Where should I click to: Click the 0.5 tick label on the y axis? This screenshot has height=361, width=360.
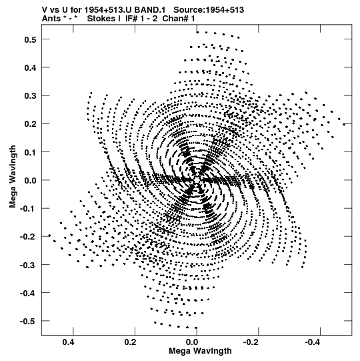(30, 39)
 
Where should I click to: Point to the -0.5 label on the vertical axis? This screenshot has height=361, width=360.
(28, 321)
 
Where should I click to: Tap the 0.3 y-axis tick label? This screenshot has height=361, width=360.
(30, 96)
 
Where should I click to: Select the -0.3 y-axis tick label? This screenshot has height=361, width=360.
(28, 265)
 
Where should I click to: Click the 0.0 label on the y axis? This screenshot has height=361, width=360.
(30, 180)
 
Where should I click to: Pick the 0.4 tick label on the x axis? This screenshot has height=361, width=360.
(68, 342)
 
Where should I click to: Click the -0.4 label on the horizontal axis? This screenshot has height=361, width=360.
(313, 342)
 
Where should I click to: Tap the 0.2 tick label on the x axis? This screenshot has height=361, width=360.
(130, 342)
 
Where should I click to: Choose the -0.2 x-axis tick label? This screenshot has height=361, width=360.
(251, 342)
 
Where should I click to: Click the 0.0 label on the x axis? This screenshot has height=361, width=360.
(192, 342)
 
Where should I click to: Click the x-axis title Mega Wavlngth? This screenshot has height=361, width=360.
(200, 351)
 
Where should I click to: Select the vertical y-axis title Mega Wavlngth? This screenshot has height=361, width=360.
(13, 176)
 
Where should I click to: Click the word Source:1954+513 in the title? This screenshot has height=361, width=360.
(209, 10)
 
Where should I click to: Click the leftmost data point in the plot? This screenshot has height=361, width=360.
(49, 236)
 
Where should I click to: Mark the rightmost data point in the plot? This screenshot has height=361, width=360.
(344, 125)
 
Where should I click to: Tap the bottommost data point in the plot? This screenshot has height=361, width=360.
(196, 328)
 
